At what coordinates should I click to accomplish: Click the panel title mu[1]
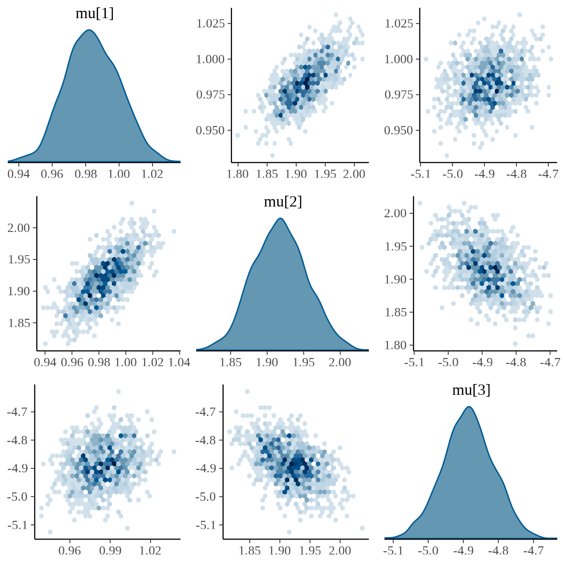[95, 14]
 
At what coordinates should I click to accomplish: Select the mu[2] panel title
[283, 202]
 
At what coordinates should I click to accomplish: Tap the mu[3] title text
[471, 390]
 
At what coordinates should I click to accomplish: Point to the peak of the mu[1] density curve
[89, 30]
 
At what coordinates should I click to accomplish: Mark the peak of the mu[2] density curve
[281, 218]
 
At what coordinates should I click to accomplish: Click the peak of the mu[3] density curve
[469, 407]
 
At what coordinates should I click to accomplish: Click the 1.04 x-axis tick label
[179, 362]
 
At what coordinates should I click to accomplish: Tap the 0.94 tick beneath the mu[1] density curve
[19, 174]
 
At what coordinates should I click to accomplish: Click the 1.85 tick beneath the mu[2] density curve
[231, 362]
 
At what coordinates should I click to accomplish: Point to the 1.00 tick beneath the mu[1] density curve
[119, 174]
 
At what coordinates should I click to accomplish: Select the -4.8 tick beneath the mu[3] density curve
[498, 551]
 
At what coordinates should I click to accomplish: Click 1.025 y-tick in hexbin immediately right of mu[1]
[210, 24]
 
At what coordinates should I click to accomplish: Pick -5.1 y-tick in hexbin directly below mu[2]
[206, 525]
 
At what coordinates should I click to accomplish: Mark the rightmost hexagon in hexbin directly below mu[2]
[362, 528]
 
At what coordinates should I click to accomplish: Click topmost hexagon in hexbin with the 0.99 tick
[118, 391]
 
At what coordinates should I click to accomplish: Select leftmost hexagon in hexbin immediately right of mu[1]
[237, 135]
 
